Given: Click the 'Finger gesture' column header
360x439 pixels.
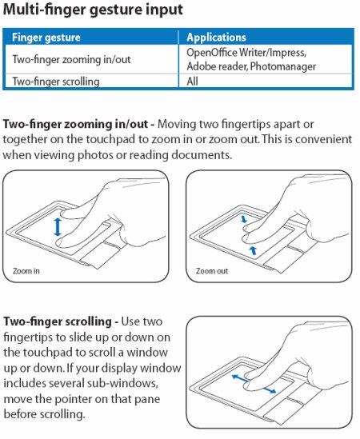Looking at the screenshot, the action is (x=46, y=38).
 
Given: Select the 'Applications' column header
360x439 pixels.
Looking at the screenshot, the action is (x=216, y=38).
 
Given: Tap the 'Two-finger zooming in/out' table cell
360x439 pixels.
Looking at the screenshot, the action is (x=71, y=59).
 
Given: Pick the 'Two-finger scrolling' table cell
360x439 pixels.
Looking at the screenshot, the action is (x=56, y=82).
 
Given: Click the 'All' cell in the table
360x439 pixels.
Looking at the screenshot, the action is (x=193, y=82).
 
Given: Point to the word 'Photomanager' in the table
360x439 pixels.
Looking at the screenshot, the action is (x=283, y=66).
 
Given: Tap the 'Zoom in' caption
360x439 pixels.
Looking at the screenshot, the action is (x=26, y=271).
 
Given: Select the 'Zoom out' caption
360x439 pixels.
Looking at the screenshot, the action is (x=212, y=271).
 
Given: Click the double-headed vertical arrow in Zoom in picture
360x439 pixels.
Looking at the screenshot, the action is (x=58, y=227).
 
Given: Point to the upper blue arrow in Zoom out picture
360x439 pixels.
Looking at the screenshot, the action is (x=244, y=218).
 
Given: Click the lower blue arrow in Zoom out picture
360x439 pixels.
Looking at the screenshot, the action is (x=254, y=250).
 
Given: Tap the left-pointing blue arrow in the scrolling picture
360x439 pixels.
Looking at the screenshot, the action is (x=240, y=378).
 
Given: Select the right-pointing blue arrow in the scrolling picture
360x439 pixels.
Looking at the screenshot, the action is (x=268, y=389).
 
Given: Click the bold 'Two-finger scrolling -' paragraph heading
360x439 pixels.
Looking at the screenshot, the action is (x=61, y=321).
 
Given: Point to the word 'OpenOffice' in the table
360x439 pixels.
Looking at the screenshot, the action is (x=212, y=52).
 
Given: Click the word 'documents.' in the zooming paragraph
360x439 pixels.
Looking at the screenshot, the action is (x=202, y=155).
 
